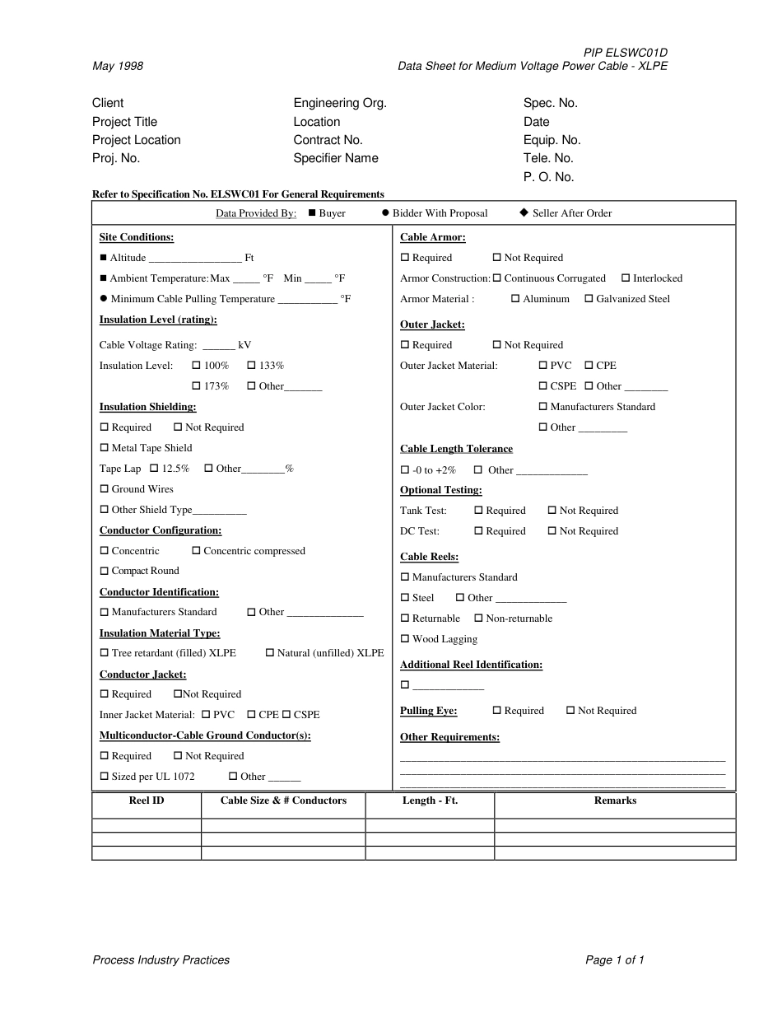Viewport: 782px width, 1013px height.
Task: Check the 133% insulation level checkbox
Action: [251, 365]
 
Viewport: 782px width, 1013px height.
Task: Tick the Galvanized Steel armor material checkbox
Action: [589, 299]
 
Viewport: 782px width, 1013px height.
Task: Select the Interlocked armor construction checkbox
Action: [626, 278]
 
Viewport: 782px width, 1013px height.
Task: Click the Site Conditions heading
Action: [137, 237]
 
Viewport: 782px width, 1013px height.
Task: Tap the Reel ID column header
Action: [147, 801]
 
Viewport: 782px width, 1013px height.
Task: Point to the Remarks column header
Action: [615, 801]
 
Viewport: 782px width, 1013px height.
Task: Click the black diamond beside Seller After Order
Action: [524, 212]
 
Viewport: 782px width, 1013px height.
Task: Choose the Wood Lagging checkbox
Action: [405, 639]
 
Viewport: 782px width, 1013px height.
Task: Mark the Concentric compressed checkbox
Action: [196, 551]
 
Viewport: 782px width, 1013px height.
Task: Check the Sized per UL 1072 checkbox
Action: [105, 777]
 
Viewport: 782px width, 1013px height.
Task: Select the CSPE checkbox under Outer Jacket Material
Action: [543, 386]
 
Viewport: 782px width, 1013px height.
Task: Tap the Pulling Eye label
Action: [428, 711]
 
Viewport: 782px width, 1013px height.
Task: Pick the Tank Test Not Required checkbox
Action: [552, 511]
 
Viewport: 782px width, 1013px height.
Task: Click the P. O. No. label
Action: [548, 177]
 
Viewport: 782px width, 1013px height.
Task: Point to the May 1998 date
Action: [118, 66]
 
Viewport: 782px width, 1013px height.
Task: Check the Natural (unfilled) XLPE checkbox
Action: [270, 653]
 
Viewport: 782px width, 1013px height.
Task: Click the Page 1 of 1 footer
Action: [614, 959]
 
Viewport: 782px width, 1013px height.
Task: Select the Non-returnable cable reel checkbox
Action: [478, 619]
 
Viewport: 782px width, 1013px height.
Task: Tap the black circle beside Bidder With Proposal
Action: [385, 212]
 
